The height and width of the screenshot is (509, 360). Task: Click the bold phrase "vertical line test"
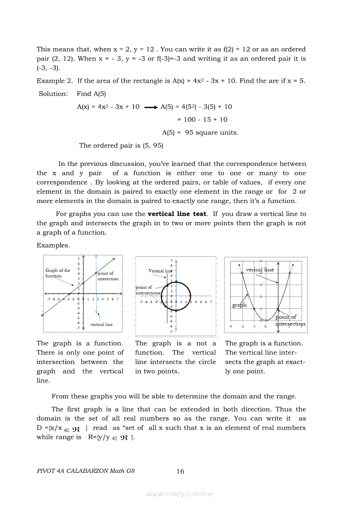click(177, 214)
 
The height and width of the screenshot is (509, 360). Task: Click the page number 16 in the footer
click(180, 471)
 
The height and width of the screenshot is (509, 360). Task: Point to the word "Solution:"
click(54, 94)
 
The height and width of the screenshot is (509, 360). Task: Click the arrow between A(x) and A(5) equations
click(150, 107)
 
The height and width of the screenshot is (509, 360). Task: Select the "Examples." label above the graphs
click(53, 245)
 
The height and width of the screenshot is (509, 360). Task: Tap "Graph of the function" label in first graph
click(58, 273)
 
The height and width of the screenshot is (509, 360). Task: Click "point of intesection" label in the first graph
click(108, 276)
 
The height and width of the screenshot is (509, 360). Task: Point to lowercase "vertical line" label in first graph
click(101, 324)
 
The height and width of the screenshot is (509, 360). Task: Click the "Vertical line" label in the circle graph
click(160, 271)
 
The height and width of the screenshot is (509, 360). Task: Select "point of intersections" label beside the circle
click(148, 290)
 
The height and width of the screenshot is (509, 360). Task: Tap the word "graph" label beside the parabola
click(239, 305)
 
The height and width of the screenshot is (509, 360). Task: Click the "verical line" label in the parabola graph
click(260, 270)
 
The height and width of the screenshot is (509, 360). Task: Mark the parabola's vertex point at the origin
click(266, 321)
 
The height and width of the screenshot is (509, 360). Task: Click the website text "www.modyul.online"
click(180, 494)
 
